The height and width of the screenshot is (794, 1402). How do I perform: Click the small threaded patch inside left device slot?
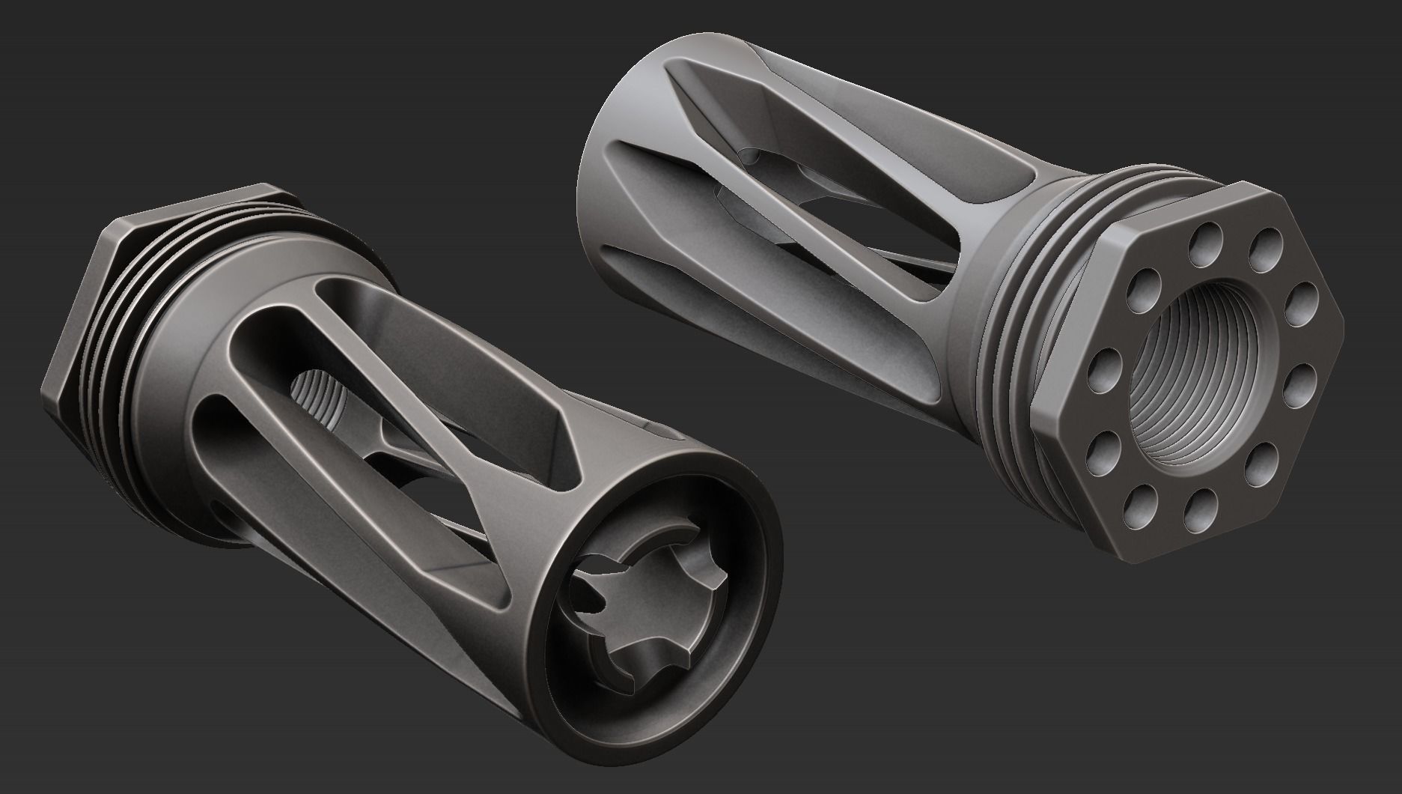point(314,391)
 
